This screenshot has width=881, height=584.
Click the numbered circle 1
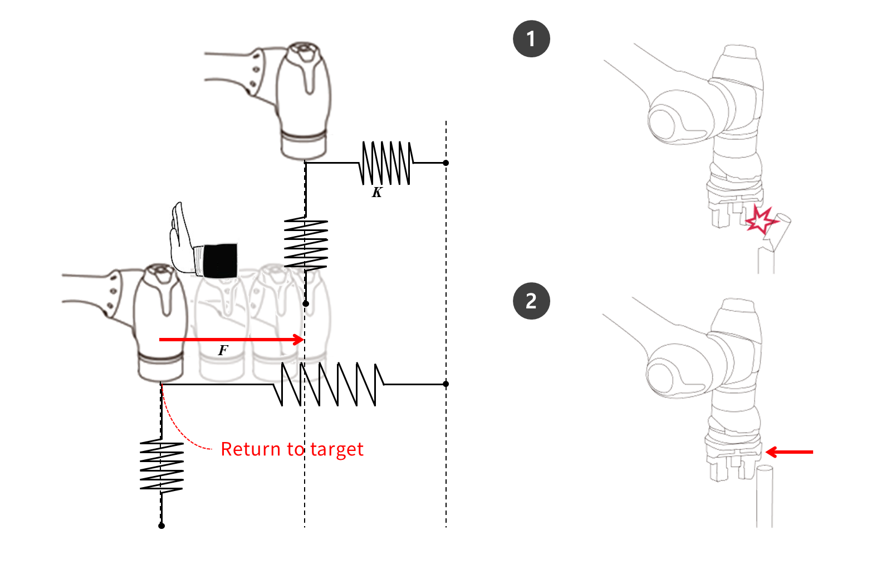pyautogui.click(x=531, y=39)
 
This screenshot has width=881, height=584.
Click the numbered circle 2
pyautogui.click(x=531, y=301)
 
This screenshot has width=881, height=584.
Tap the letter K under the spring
pyautogui.click(x=377, y=193)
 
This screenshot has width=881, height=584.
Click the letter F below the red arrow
pyautogui.click(x=223, y=350)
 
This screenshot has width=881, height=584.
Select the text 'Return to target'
pyautogui.click(x=292, y=449)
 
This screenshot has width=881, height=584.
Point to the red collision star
pyautogui.click(x=760, y=220)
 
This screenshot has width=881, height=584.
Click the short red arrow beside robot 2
pyautogui.click(x=789, y=452)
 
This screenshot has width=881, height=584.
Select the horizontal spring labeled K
pyautogui.click(x=386, y=163)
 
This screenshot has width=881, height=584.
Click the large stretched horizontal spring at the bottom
pyautogui.click(x=329, y=384)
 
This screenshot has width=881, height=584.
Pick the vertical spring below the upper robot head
pyautogui.click(x=306, y=244)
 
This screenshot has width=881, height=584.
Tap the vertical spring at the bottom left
pyautogui.click(x=161, y=466)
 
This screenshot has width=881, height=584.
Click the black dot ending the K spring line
pyautogui.click(x=446, y=163)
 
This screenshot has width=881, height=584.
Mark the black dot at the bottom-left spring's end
pyautogui.click(x=161, y=526)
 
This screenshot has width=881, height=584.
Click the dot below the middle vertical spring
pyautogui.click(x=306, y=303)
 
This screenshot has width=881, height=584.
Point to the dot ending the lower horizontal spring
pyautogui.click(x=446, y=384)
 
